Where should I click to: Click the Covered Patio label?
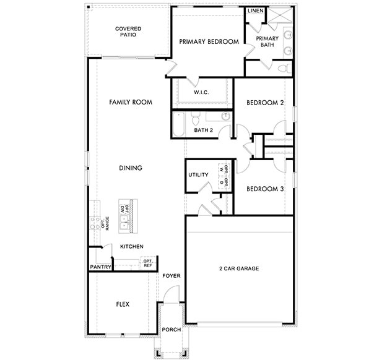point(128,32)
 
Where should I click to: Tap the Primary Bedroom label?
point(209,41)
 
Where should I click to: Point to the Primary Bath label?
point(267,41)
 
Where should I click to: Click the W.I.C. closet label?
point(201,92)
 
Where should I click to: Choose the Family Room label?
point(131,102)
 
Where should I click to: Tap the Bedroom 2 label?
point(264,103)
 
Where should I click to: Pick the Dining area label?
point(131,168)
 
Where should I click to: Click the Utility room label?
point(198,174)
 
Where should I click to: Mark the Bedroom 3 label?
point(264,189)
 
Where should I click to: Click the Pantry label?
point(100,267)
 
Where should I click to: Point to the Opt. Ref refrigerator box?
point(148,263)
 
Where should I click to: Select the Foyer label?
point(171,276)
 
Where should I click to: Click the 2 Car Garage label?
point(238,268)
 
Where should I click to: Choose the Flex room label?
point(123,304)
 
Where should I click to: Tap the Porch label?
point(171,330)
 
